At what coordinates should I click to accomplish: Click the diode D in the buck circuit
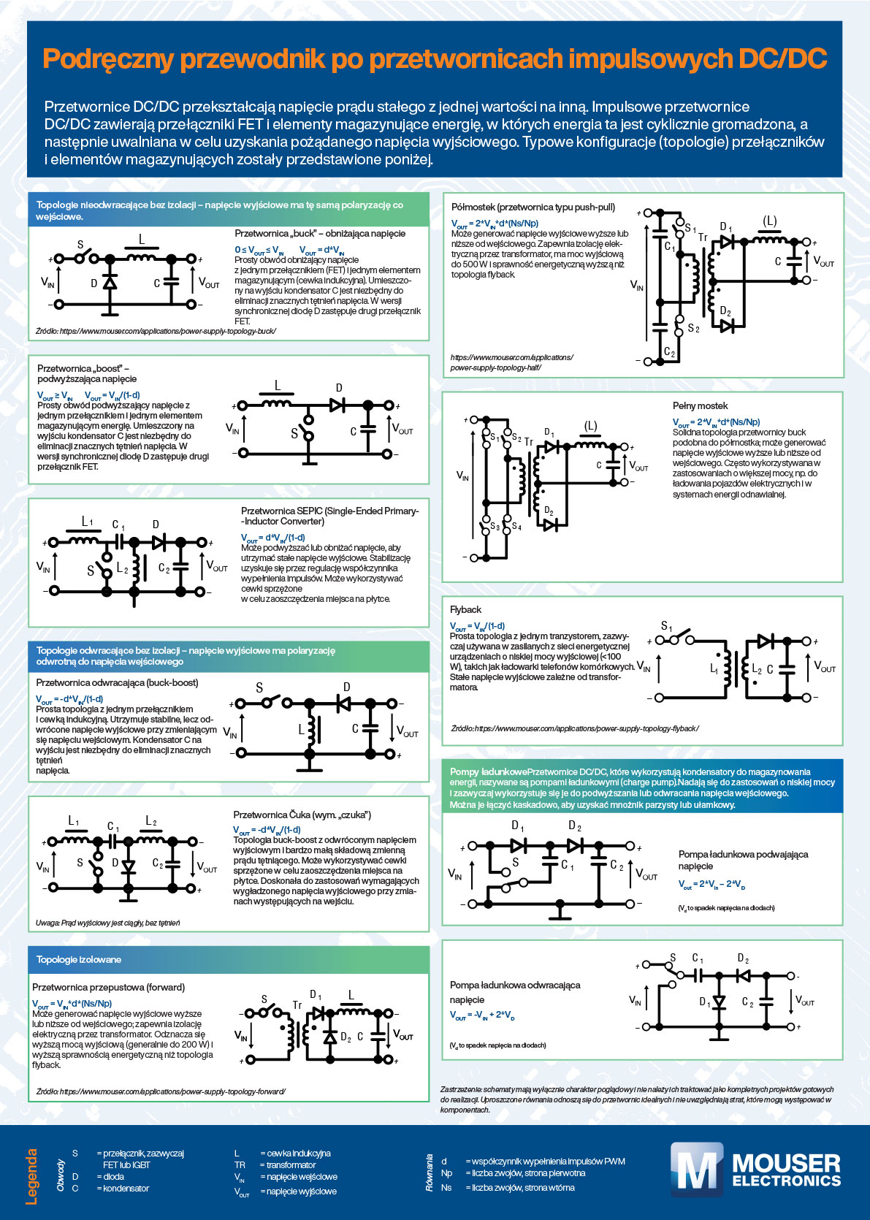click(110, 282)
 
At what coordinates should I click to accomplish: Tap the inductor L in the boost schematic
click(277, 403)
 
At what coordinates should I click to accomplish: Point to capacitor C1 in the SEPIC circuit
click(118, 541)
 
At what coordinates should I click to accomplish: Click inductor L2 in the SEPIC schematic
click(135, 571)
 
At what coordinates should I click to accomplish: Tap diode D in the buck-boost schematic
click(343, 703)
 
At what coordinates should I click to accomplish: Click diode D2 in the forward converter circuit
click(329, 1037)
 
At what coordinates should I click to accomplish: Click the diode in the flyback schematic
click(766, 641)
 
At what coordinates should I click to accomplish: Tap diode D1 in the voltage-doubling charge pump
click(518, 846)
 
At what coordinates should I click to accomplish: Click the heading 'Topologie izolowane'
click(79, 959)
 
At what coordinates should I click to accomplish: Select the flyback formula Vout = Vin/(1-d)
click(477, 626)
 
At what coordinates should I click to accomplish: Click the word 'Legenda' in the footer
click(32, 1177)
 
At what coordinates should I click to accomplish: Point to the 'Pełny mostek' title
click(700, 405)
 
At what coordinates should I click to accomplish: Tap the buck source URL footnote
click(156, 331)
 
